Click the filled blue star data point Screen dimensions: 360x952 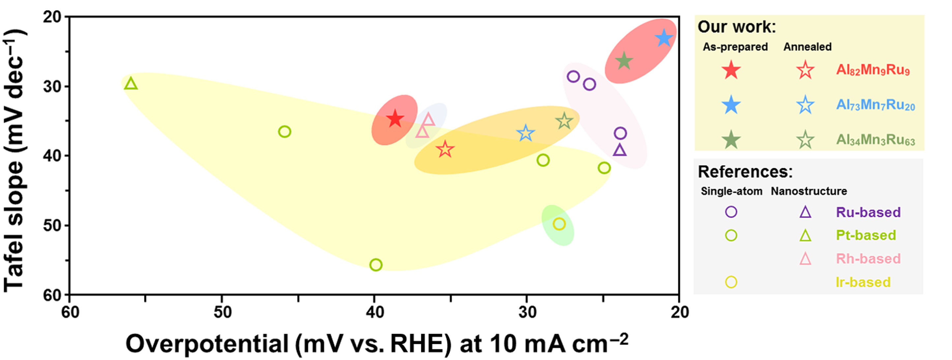pyautogui.click(x=664, y=38)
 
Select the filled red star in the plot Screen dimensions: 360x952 pyautogui.click(x=395, y=119)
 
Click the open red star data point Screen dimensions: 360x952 pyautogui.click(x=445, y=149)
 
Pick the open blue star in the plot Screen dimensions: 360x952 pyautogui.click(x=525, y=133)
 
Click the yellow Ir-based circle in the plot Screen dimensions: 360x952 pyautogui.click(x=559, y=224)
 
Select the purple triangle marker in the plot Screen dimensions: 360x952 pyautogui.click(x=620, y=150)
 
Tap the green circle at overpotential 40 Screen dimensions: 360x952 pyautogui.click(x=375, y=265)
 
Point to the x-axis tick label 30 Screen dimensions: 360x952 pyautogui.click(x=527, y=313)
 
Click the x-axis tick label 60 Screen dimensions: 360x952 pyautogui.click(x=70, y=313)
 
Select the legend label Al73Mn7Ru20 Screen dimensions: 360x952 pyautogui.click(x=875, y=105)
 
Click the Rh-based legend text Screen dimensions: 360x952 pyautogui.click(x=868, y=259)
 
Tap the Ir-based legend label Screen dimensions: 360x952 pyautogui.click(x=863, y=283)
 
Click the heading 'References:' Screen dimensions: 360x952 pyautogui.click(x=745, y=172)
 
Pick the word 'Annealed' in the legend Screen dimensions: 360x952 pyautogui.click(x=808, y=47)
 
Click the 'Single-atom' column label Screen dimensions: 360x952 pyautogui.click(x=731, y=191)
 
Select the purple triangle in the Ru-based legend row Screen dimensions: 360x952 pyautogui.click(x=805, y=212)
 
